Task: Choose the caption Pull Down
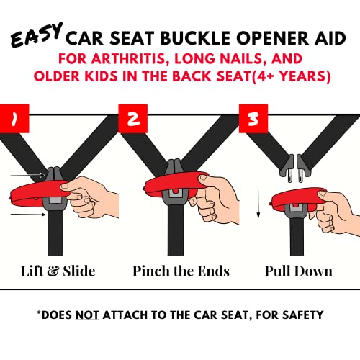click(298, 271)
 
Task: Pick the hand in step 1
click(97, 198)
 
